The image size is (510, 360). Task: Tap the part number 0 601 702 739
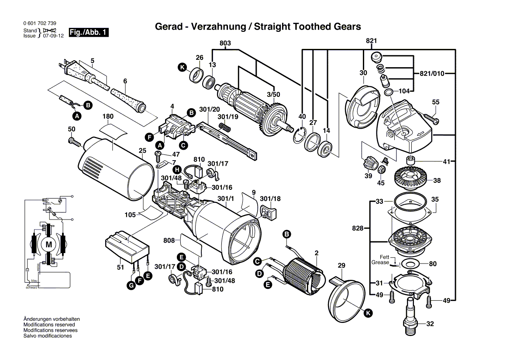(x=39, y=23)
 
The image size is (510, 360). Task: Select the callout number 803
(x=225, y=43)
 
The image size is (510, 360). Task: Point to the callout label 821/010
(x=431, y=73)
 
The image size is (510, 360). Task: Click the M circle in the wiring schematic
(x=48, y=244)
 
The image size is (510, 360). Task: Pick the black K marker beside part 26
(x=182, y=67)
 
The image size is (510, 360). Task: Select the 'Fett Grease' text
(x=380, y=260)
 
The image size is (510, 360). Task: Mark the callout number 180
(x=108, y=117)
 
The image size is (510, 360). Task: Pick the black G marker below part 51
(x=131, y=286)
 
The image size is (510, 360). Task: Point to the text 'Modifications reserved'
(x=49, y=325)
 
